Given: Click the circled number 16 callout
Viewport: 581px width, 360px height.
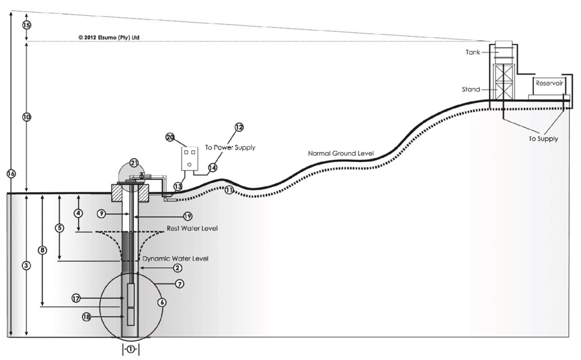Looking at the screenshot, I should coord(11,174).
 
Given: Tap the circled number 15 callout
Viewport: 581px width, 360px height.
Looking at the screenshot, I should coord(27,25).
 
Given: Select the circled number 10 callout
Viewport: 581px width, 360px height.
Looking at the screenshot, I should coord(27,117).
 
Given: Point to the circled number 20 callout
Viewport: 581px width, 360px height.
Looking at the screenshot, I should coord(170,137).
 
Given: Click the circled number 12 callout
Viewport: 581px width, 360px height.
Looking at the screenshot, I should coord(239,127).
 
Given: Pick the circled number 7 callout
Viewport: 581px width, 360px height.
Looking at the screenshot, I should coord(179,284).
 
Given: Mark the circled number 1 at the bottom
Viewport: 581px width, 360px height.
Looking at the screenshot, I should coord(130,349).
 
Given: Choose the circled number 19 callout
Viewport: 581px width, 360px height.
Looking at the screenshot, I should coord(188,216).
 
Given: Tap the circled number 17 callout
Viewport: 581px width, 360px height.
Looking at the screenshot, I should coord(76,298).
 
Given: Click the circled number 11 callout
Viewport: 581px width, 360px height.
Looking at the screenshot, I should coord(229,191).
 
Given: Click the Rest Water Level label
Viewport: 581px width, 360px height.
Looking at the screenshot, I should coord(192,228).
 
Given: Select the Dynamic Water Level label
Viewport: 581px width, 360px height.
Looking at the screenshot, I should coord(175,259).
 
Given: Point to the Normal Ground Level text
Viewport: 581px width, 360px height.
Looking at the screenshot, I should coord(340,154).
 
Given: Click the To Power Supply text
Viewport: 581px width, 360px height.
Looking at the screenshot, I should coord(230,147).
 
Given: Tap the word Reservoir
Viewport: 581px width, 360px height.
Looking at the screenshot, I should coord(549,83).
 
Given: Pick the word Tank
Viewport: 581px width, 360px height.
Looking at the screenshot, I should coord(473,52).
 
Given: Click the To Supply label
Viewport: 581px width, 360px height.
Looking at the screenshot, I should coord(543,139).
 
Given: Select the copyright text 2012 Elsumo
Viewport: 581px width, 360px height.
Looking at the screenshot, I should coord(108,37).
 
